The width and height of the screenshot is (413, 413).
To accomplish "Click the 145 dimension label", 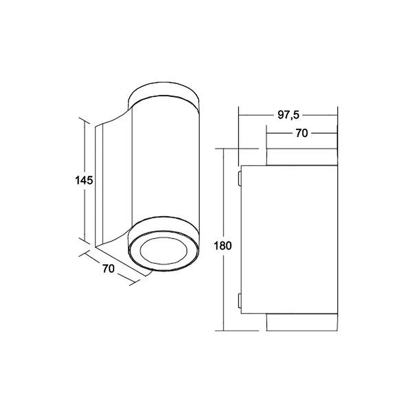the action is coord(84,180).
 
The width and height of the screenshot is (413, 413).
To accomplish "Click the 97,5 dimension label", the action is coord(288,115).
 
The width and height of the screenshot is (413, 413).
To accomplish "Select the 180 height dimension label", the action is coord(223,246).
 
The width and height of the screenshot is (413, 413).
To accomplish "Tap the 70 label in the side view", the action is coord(301,133).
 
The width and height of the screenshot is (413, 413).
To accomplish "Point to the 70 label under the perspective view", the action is coord(109,268).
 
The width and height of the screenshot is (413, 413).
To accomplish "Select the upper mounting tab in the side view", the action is coord(240,178).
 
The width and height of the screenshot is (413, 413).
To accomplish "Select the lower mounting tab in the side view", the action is coord(240,301).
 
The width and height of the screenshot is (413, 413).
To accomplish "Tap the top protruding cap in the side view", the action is coord(302,157).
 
